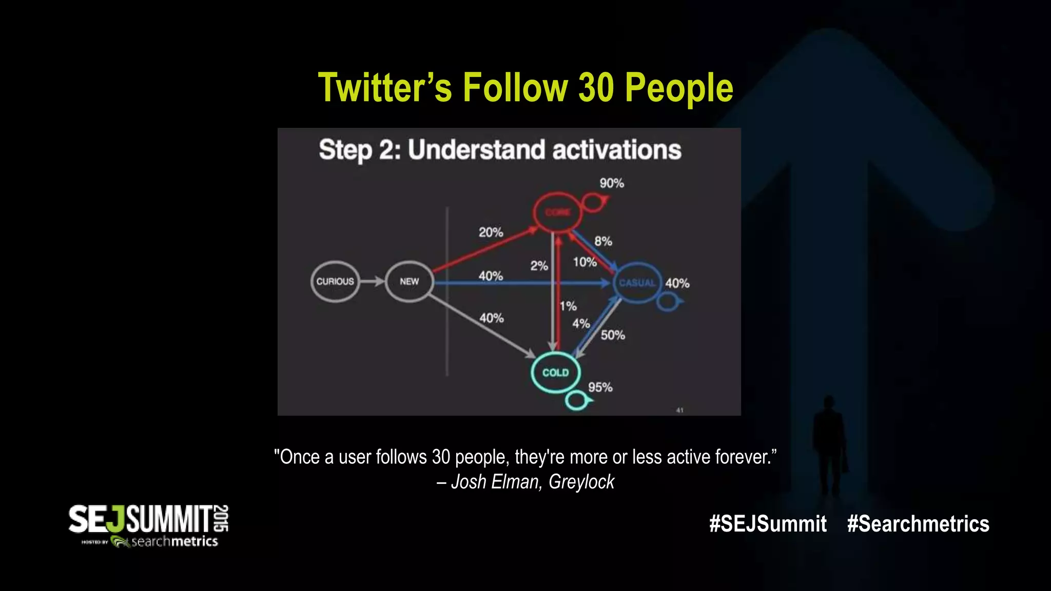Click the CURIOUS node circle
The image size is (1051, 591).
pos(335,282)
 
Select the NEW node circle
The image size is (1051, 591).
pos(409,282)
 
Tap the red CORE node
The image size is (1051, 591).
pos(557,212)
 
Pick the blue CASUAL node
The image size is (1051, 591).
pos(637,283)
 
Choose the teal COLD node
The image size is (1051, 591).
pos(555,372)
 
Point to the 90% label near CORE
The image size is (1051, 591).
pos(612,183)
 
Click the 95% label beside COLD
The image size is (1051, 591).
pos(600,387)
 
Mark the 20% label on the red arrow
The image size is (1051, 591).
pos(491,232)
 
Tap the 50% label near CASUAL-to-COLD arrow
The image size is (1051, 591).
pos(613,336)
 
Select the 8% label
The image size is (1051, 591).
pos(603,241)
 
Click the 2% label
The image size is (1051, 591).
pos(539,266)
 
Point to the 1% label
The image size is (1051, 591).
pos(568,306)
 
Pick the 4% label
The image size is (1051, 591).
pos(581,324)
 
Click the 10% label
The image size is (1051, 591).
pos(585,262)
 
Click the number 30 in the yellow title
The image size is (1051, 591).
pos(596,87)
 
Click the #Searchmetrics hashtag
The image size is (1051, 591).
pos(918,524)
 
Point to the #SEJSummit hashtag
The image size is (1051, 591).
pos(768,524)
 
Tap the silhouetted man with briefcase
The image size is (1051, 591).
pos(829,446)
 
